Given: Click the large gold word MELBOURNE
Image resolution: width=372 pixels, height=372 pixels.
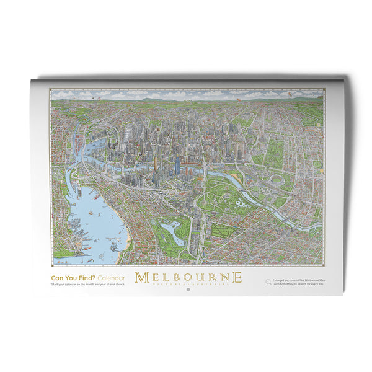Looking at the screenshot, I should (188, 277).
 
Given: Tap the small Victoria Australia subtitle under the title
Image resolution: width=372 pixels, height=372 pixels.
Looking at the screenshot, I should (188, 284).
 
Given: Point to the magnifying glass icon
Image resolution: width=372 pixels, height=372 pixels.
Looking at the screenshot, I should (268, 282).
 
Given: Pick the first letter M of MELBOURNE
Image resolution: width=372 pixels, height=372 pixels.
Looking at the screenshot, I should (141, 277).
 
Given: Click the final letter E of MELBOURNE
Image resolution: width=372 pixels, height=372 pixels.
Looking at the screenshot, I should (237, 277).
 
